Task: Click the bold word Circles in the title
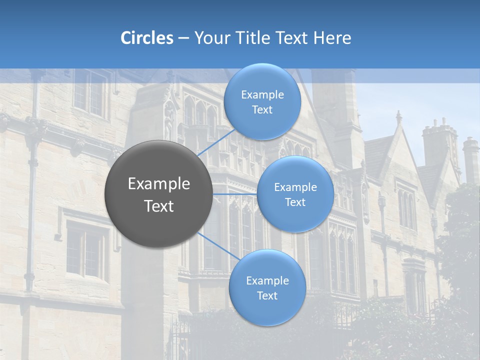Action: pos(147,38)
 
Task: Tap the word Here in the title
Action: pos(332,38)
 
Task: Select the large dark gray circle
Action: pos(158,194)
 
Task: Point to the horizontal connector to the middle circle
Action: pos(235,194)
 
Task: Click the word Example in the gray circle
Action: pos(159,184)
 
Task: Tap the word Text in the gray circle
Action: pos(159,206)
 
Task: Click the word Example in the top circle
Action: pos(262,94)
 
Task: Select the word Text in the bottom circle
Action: pos(267,295)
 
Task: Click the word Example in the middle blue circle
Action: pos(295,187)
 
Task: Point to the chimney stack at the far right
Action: pos(470,157)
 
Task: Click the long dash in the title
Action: pos(183,38)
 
